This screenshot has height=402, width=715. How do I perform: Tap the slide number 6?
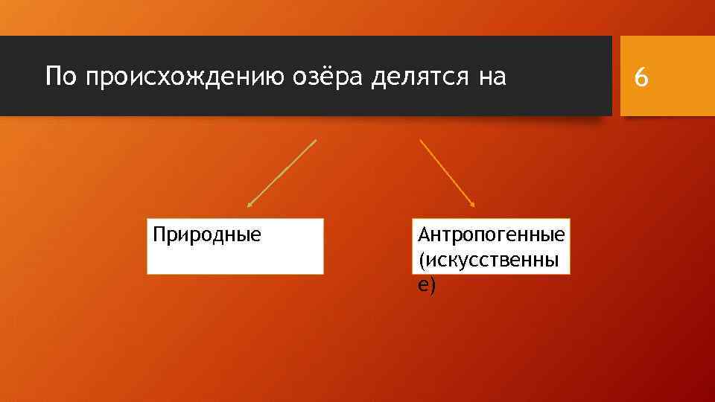pyautogui.click(x=641, y=77)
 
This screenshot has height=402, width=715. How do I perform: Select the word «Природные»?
pyautogui.click(x=207, y=237)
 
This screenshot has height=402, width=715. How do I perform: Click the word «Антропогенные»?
pyautogui.click(x=492, y=236)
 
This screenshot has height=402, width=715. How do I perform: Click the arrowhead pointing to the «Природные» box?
pyautogui.click(x=250, y=204)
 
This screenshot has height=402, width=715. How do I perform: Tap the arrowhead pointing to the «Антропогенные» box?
pyautogui.click(x=472, y=204)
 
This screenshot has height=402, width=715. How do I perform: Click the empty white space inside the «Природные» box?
pyautogui.click(x=235, y=261)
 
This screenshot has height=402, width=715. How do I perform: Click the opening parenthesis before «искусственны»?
pyautogui.click(x=422, y=261)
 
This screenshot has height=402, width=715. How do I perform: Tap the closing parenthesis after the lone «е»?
pyautogui.click(x=430, y=285)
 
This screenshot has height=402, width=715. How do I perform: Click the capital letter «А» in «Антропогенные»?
pyautogui.click(x=424, y=235)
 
